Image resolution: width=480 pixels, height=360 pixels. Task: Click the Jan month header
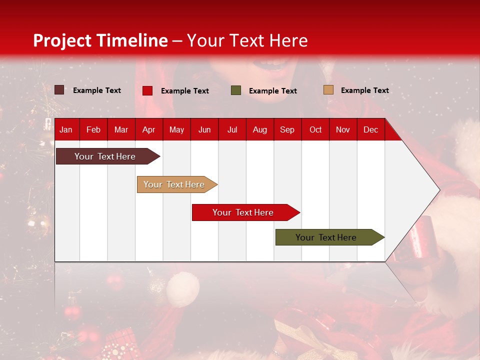coord(66,130)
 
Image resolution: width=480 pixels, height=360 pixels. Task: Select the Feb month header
coord(93,130)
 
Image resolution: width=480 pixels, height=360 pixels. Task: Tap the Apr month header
coord(148,130)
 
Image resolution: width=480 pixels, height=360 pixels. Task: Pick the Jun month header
coord(204,130)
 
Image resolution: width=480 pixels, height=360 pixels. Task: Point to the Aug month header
coord(259,130)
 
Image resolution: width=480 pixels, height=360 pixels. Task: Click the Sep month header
coord(287,130)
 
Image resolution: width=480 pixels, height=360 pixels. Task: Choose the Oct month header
coord(315,130)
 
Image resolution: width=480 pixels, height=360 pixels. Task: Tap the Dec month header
coord(370,130)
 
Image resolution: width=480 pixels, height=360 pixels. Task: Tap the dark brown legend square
coord(59,90)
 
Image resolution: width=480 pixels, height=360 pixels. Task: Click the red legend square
coord(147,90)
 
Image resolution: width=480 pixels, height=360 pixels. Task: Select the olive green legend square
coord(236,90)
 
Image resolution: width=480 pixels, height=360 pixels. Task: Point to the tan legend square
coord(328,90)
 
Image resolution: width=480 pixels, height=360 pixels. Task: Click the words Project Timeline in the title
coord(100,40)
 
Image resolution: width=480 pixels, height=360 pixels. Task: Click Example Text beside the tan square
coord(364,90)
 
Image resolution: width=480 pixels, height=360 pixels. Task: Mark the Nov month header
coord(343,130)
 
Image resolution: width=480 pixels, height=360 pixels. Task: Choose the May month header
coord(176,130)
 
